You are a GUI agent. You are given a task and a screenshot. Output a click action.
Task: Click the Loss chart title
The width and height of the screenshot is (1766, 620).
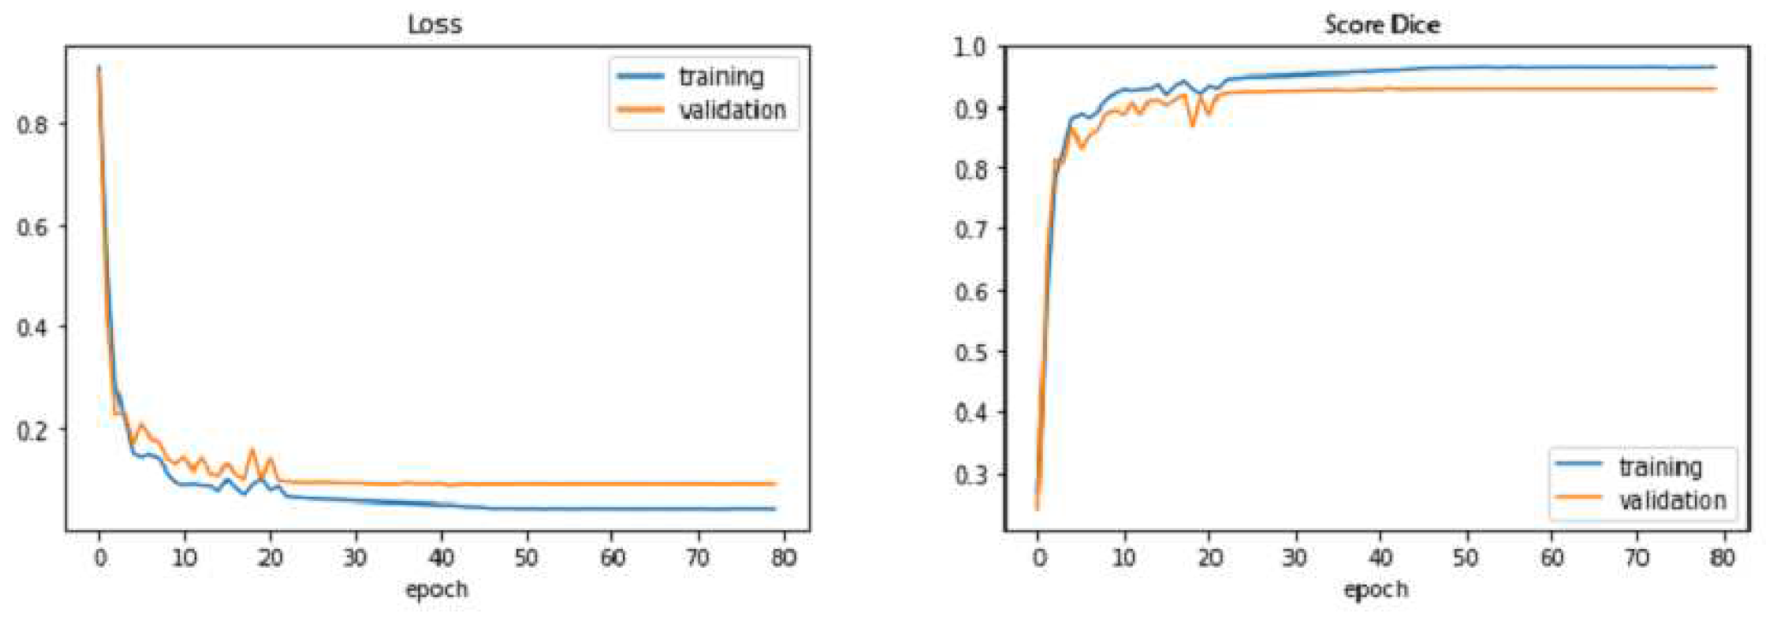[434, 24]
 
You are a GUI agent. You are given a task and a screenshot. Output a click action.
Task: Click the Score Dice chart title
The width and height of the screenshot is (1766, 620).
[1381, 24]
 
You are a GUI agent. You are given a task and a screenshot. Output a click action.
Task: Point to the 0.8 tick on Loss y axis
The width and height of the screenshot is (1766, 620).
[33, 125]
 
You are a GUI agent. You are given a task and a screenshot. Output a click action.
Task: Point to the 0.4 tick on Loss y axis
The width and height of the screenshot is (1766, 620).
[33, 328]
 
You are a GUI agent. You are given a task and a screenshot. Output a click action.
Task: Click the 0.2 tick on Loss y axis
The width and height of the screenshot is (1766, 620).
[33, 430]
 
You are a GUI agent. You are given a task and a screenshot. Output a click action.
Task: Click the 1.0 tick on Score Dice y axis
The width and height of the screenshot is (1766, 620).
[970, 47]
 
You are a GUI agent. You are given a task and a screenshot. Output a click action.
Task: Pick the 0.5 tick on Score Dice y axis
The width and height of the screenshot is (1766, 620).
[970, 352]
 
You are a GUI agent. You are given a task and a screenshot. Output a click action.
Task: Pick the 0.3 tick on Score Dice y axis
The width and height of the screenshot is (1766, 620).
[970, 474]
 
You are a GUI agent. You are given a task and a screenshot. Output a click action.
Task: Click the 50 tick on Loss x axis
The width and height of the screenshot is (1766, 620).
[526, 558]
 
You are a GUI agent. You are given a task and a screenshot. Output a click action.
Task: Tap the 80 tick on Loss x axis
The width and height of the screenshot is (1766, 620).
[783, 558]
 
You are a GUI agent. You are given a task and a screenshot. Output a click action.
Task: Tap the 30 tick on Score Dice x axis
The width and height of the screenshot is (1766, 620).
[1295, 558]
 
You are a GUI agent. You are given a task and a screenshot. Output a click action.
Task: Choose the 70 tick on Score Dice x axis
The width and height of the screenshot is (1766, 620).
[1637, 558]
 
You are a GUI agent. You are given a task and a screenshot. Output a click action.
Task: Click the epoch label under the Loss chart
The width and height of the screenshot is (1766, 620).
[436, 590]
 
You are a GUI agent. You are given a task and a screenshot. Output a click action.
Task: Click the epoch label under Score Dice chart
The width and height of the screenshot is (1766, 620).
[1376, 590]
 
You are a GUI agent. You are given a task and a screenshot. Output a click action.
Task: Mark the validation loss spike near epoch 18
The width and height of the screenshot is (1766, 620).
[251, 450]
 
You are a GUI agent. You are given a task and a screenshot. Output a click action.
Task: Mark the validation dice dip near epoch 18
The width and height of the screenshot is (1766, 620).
[1192, 126]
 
